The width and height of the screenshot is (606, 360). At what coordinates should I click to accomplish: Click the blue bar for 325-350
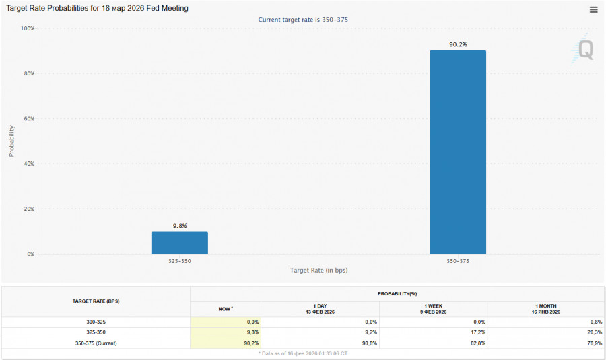click(179, 243)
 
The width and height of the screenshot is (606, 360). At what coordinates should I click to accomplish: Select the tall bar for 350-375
click(457, 152)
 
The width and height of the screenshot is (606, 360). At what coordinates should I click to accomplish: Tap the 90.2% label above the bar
click(458, 44)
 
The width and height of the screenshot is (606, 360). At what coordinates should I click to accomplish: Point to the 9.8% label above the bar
click(179, 226)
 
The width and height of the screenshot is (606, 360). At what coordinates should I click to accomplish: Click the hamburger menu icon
click(593, 9)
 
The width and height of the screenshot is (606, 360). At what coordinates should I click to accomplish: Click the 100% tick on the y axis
click(28, 28)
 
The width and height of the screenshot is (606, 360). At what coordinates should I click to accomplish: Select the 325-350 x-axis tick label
click(179, 260)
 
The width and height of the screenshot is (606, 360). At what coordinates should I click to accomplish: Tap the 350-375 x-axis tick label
click(458, 260)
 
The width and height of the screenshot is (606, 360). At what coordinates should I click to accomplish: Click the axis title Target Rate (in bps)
click(319, 270)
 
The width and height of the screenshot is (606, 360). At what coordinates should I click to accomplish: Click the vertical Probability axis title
click(11, 141)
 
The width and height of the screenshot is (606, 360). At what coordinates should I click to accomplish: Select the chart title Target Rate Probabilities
click(97, 9)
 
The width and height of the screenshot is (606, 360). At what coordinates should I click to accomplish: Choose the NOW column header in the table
click(225, 309)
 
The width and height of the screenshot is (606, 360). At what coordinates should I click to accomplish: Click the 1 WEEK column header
click(433, 309)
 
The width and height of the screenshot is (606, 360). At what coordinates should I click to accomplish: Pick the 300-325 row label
click(96, 322)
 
